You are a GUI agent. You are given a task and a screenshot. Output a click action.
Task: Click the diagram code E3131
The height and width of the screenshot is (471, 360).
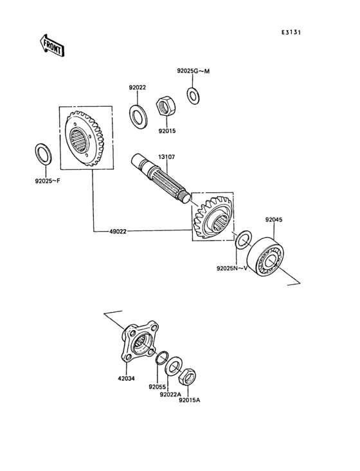click(x=292, y=32)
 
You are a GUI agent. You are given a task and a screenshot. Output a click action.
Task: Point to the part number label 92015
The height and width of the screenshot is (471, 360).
click(x=166, y=131)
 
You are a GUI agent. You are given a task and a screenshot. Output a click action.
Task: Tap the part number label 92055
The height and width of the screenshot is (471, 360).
click(x=157, y=387)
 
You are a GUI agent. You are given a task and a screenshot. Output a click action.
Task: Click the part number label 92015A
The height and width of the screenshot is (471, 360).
click(x=190, y=400)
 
